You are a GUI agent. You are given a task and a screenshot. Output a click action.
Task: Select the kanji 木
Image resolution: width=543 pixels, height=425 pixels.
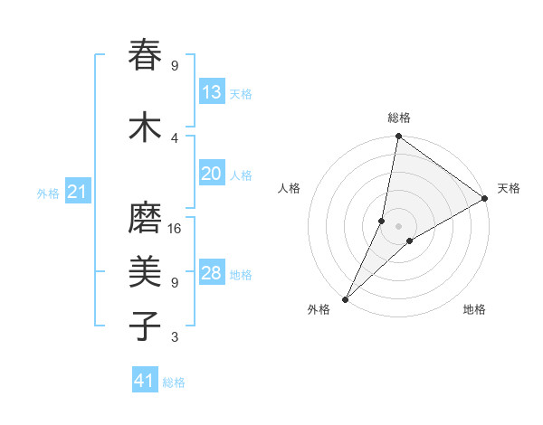click(x=146, y=127)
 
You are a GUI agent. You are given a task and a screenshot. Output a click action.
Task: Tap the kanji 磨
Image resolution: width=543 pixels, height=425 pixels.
click(x=146, y=219)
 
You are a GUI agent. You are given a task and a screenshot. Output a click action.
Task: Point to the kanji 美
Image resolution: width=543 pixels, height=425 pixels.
click(x=146, y=271)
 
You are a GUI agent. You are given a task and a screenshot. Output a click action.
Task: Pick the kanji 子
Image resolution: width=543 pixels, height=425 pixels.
click(x=146, y=325)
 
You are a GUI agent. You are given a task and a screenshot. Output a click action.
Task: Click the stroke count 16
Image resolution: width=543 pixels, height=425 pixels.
click(x=176, y=229)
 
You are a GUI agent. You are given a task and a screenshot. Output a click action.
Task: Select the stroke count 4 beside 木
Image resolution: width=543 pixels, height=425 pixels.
click(x=175, y=137)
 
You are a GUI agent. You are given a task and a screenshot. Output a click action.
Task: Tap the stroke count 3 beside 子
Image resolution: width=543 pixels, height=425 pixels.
click(x=175, y=337)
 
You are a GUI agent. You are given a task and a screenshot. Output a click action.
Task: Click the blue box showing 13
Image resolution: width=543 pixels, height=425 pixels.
click(x=212, y=92)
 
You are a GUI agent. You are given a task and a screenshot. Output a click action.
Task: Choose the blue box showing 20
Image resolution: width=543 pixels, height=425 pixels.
click(x=212, y=174)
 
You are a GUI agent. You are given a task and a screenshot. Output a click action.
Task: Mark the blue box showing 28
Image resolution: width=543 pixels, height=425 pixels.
click(x=212, y=273)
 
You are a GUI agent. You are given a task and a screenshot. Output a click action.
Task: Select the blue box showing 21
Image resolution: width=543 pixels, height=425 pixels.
click(x=77, y=192)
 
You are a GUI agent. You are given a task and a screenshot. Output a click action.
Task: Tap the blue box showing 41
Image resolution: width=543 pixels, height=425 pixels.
click(x=145, y=382)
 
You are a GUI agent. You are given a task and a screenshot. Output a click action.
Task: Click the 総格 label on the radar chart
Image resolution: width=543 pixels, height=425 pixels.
click(x=399, y=118)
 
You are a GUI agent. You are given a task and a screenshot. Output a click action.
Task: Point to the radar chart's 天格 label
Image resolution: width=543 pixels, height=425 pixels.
click(x=509, y=188)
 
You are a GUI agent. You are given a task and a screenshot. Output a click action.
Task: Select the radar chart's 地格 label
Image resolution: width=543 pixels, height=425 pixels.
click(x=474, y=309)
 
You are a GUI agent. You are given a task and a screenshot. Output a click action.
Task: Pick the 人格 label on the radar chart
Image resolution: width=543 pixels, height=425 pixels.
click(x=289, y=188)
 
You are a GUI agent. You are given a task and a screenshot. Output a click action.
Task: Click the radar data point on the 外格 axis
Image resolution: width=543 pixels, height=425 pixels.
click(x=345, y=298)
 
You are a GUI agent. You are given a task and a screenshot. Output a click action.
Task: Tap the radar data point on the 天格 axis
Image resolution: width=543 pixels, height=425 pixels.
click(x=485, y=198)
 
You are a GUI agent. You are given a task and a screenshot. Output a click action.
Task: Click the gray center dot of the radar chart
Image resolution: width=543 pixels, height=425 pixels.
click(x=398, y=226)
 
